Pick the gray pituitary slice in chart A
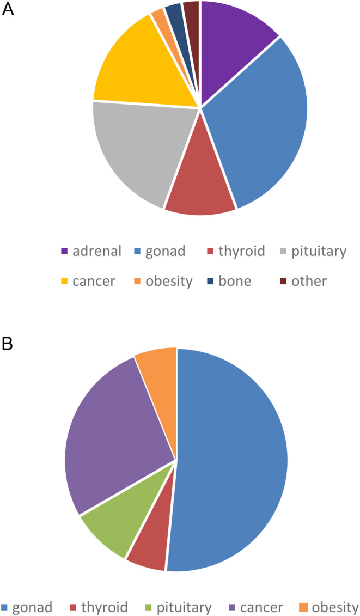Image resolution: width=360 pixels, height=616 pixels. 136,153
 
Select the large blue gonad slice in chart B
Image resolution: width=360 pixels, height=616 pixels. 234,463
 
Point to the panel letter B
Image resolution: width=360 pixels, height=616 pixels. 8,345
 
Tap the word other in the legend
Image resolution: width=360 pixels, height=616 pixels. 309,281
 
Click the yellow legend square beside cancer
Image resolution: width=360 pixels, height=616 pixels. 64,282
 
